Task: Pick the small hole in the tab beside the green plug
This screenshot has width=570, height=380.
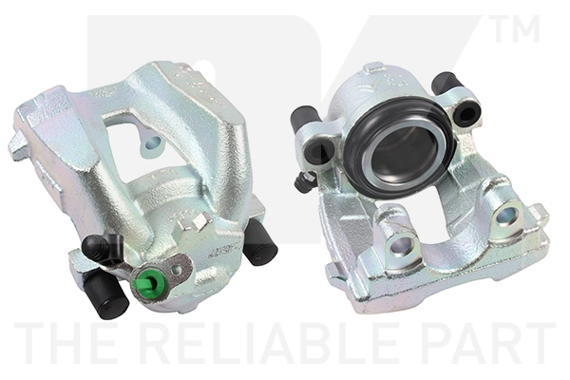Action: (177, 269)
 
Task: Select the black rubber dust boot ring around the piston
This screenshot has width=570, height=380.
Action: (399, 148)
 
